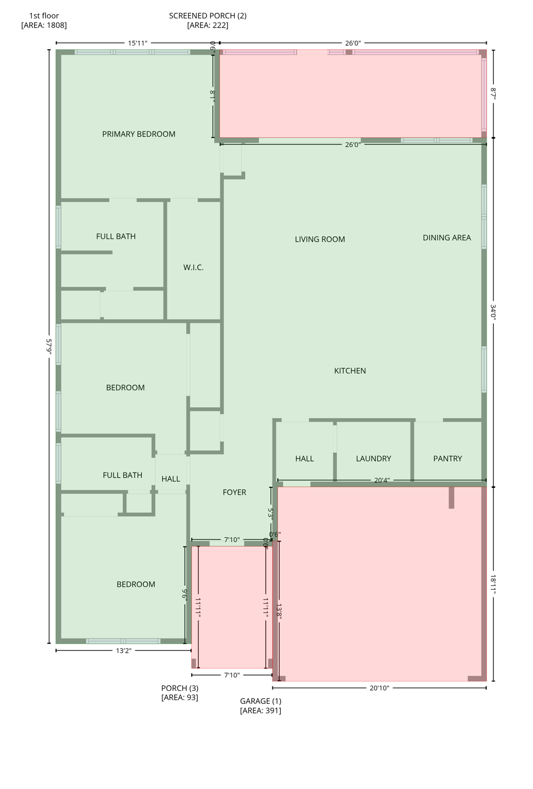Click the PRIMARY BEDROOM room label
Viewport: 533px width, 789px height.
point(139,134)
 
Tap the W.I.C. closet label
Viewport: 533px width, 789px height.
point(193,268)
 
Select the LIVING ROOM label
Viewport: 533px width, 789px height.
point(320,239)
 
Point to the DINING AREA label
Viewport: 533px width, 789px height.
point(447,238)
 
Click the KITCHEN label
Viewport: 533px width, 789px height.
point(350,371)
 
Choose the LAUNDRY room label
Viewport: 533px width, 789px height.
point(374,459)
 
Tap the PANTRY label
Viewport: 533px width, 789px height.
point(447,459)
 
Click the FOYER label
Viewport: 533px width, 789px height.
point(234,492)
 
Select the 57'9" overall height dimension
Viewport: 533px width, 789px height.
point(49,346)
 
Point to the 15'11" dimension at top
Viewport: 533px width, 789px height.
point(138,43)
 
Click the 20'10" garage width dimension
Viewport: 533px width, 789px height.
point(379,688)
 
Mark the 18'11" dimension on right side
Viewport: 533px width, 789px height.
point(493,585)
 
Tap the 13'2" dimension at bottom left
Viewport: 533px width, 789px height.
point(123,651)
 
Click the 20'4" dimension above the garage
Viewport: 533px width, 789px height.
point(381,481)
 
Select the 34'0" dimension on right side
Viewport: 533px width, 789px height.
point(493,312)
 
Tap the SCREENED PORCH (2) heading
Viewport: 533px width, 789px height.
point(208,16)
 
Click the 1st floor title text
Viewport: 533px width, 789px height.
point(44,16)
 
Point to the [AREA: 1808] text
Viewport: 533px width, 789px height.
point(44,25)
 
